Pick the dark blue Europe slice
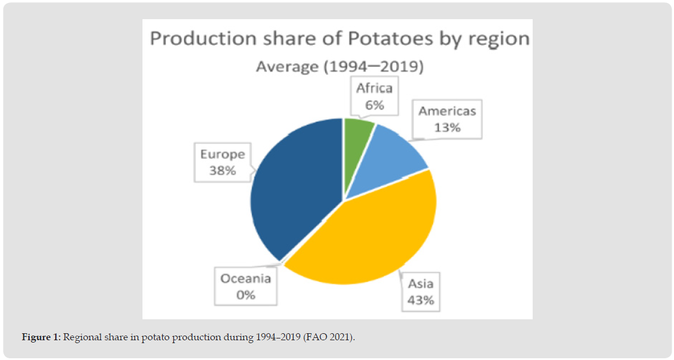[x=297, y=192]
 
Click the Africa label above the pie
[x=375, y=89]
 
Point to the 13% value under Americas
[x=447, y=127]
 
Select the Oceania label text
[x=245, y=279]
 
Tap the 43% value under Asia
[x=420, y=300]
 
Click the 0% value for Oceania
[x=245, y=295]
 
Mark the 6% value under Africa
[x=375, y=105]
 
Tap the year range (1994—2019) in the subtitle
[x=372, y=67]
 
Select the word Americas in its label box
[x=447, y=111]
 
